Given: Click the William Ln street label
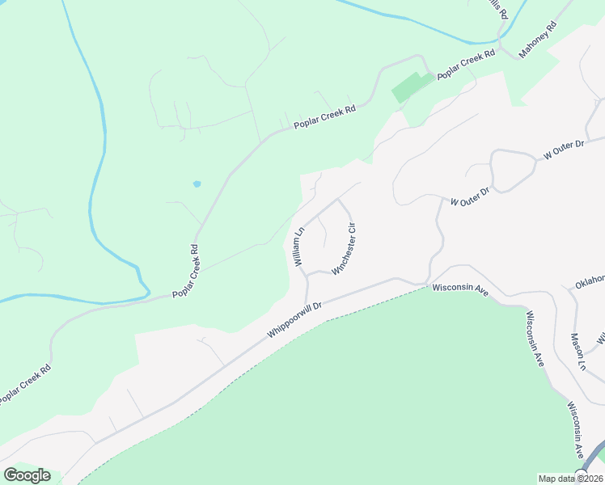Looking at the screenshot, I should coord(298,247).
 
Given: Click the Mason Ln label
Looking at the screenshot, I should coord(577,351).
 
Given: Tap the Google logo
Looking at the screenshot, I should coord(27,475).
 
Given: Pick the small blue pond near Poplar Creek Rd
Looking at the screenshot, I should coord(197,184).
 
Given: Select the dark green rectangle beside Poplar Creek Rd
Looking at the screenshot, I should coord(412,86).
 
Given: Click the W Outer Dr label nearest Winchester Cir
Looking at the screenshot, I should coord(470,195).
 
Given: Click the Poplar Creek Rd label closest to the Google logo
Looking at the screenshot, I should coord(24,386).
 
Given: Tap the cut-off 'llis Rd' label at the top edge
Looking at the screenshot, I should coord(497,8).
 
